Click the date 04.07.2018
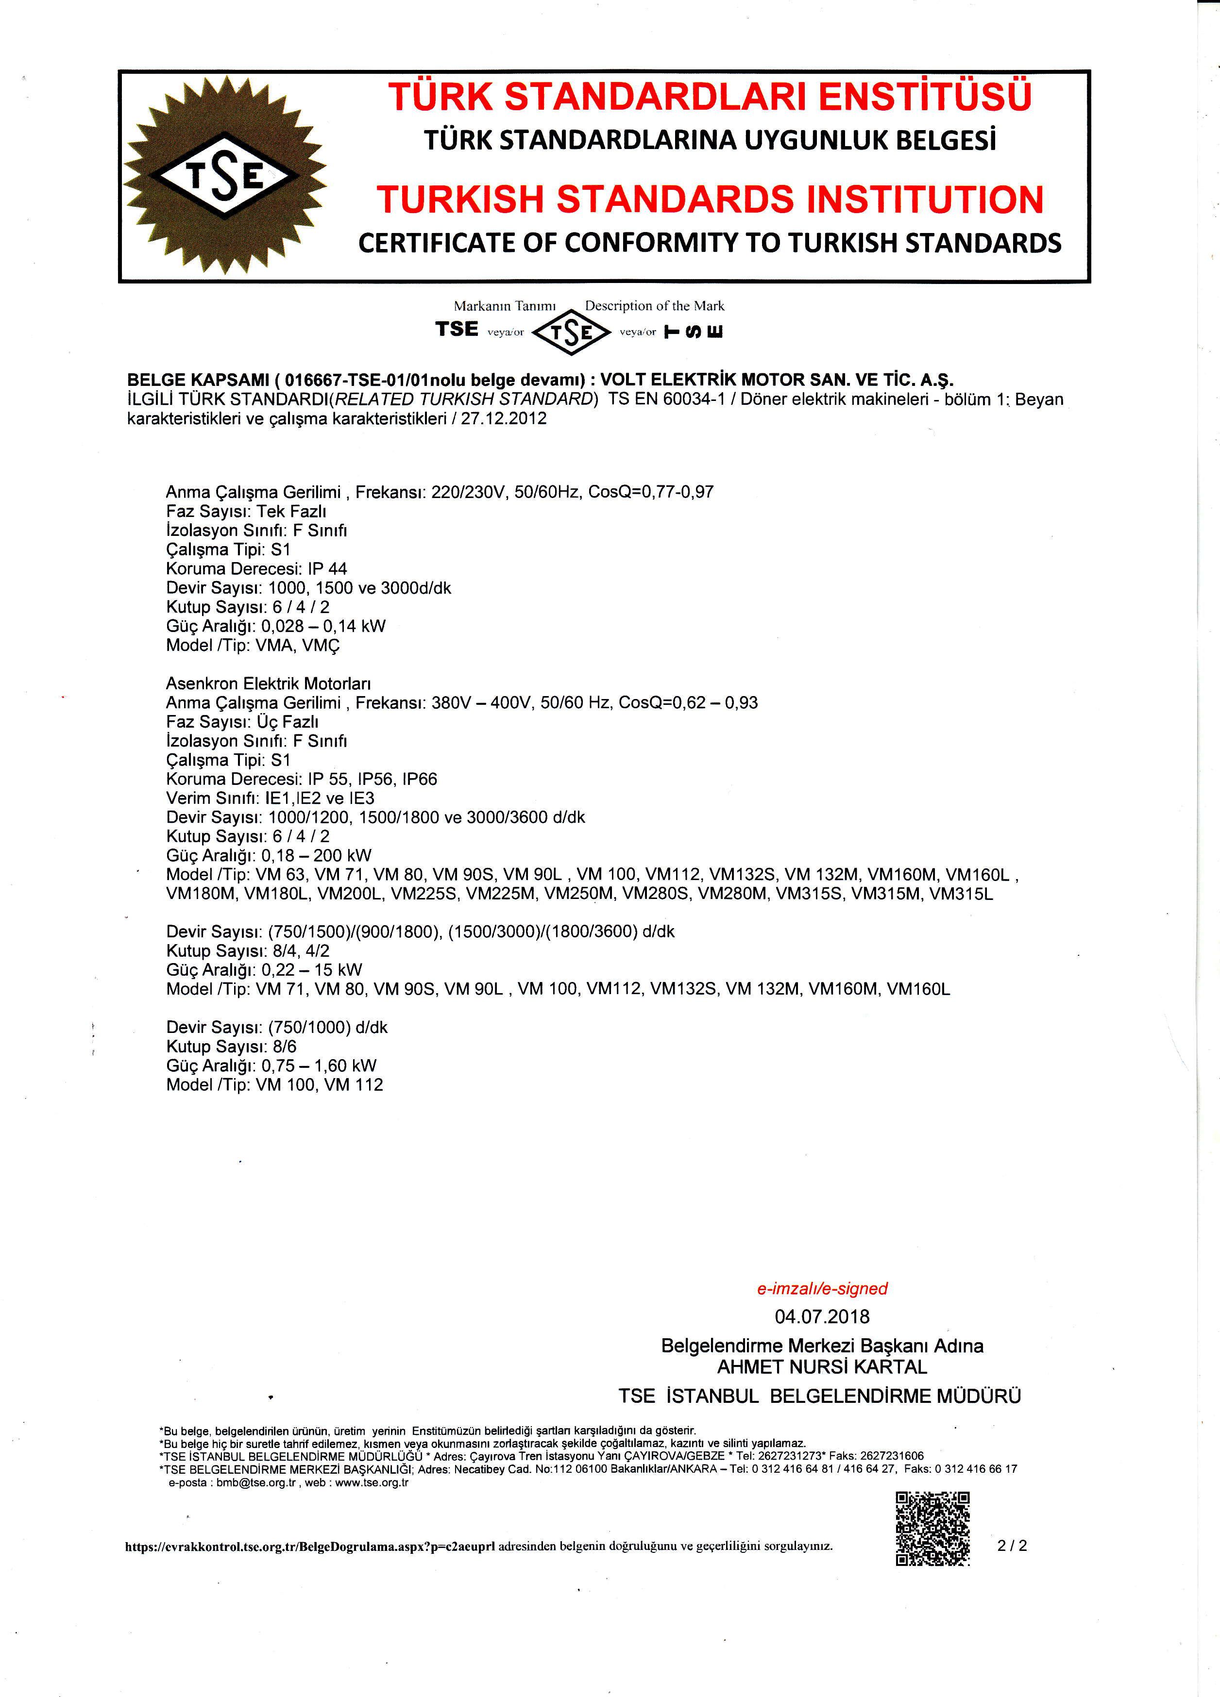[x=822, y=1316]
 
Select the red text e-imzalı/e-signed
[x=822, y=1288]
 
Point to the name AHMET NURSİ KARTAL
[x=822, y=1367]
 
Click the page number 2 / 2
[x=1012, y=1545]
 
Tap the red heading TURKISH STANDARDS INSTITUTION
[x=710, y=200]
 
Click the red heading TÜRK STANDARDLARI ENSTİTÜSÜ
[x=710, y=97]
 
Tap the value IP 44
[x=328, y=568]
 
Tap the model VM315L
[x=961, y=894]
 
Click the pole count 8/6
[x=285, y=1047]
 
